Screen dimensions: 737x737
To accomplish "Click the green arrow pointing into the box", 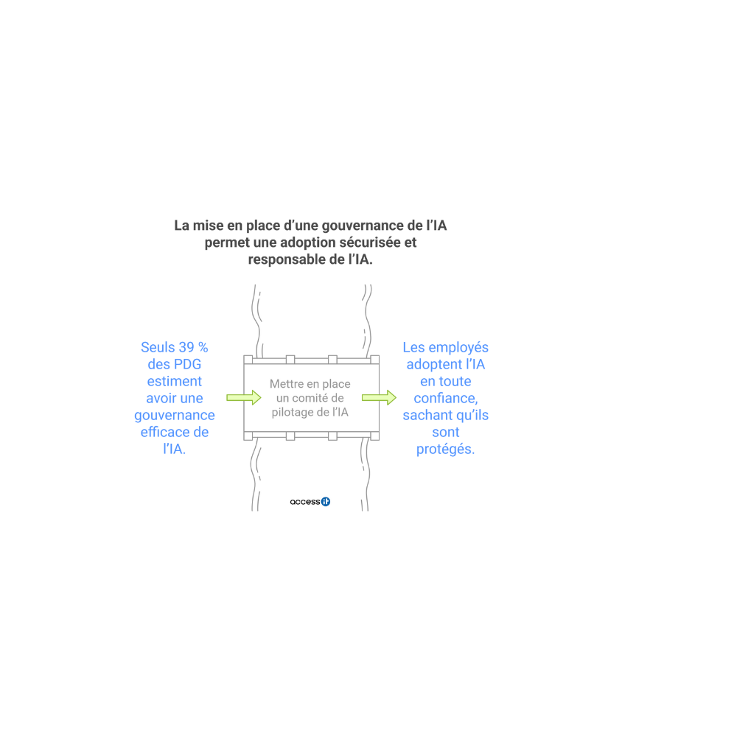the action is [244, 398].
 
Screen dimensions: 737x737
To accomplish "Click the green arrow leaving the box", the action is [380, 398].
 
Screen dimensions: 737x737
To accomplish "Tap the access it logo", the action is [310, 501].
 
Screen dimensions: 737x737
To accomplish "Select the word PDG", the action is [187, 364].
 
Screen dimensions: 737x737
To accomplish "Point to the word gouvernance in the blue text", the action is [175, 416].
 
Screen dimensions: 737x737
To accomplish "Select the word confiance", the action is [444, 398].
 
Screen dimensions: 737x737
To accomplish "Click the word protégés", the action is [444, 450].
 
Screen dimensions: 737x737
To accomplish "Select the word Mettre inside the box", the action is [286, 384].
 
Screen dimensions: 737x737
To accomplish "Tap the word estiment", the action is [175, 381].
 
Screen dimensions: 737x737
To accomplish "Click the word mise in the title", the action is [209, 226].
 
